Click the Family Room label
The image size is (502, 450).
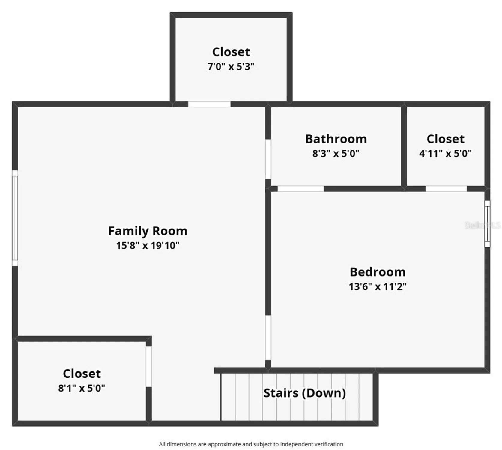pyautogui.click(x=148, y=231)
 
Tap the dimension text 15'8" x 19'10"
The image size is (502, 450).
pyautogui.click(x=148, y=246)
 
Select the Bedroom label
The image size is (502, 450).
pyautogui.click(x=378, y=272)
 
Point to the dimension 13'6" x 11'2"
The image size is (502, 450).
pyautogui.click(x=378, y=287)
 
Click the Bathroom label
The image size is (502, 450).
pyautogui.click(x=336, y=139)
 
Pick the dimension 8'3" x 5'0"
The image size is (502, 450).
pyautogui.click(x=336, y=154)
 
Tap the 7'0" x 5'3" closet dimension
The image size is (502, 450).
pyautogui.click(x=231, y=67)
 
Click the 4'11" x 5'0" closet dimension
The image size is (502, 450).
pyautogui.click(x=445, y=154)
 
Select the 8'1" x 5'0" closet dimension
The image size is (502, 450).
pyautogui.click(x=82, y=388)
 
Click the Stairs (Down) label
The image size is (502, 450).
pyautogui.click(x=305, y=393)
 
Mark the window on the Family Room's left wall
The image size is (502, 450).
pyautogui.click(x=15, y=218)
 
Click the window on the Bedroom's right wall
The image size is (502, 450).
pyautogui.click(x=487, y=224)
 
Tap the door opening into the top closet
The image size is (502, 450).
pyautogui.click(x=209, y=104)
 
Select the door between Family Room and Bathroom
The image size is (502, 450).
pyautogui.click(x=268, y=159)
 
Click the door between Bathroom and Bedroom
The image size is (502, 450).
pyautogui.click(x=300, y=189)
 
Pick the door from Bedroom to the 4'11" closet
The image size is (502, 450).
pyautogui.click(x=446, y=189)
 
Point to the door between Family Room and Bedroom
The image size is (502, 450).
pyautogui.click(x=268, y=337)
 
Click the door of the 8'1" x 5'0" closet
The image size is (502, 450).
pyautogui.click(x=149, y=366)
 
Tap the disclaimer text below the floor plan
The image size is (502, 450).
pyautogui.click(x=251, y=444)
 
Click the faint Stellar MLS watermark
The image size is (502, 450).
pyautogui.click(x=482, y=225)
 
